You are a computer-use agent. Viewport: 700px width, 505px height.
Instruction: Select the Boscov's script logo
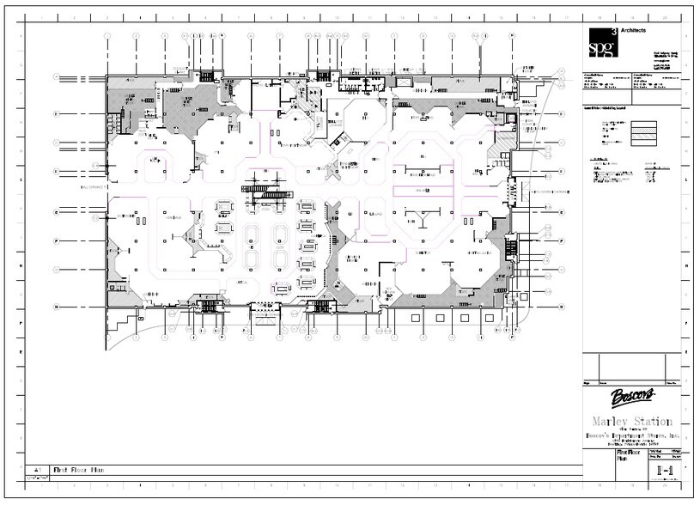click(x=633, y=397)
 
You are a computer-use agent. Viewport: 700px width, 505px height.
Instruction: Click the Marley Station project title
click(x=633, y=421)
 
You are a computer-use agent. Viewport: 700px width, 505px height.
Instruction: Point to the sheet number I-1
click(x=664, y=471)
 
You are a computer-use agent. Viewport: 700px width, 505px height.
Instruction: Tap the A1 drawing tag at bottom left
click(x=37, y=470)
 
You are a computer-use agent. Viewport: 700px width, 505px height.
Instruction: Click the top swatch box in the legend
click(x=643, y=125)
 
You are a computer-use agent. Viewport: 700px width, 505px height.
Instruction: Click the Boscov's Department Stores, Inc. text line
click(x=633, y=436)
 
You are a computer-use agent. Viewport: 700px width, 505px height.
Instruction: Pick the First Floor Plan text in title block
click(x=630, y=454)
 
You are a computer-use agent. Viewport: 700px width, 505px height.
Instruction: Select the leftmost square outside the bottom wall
click(x=416, y=319)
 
